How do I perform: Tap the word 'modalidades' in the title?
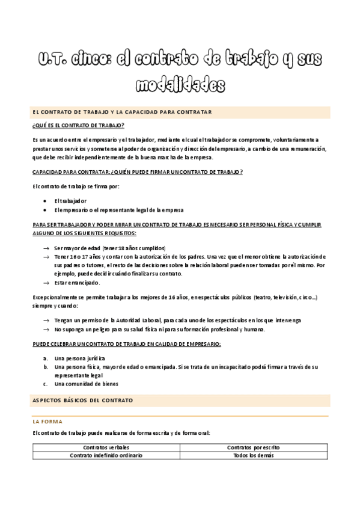point(180,85)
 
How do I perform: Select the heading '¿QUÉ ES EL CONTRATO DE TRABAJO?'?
point(79,125)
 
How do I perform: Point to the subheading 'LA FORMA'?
point(47,422)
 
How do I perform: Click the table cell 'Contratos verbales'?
point(106,447)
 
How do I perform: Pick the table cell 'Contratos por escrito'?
point(253,447)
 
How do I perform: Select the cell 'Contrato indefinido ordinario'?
point(106,455)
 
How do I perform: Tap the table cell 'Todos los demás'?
point(253,455)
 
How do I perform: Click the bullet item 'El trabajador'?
point(70,200)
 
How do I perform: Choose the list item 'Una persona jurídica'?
point(79,358)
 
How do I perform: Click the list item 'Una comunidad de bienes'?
point(86,384)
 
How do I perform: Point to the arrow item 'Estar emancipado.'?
point(77,282)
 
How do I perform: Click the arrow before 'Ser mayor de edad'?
point(46,248)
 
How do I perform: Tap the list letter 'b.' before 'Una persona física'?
point(46,366)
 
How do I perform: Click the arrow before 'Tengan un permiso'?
point(46,321)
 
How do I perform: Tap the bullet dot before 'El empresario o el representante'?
point(46,210)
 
